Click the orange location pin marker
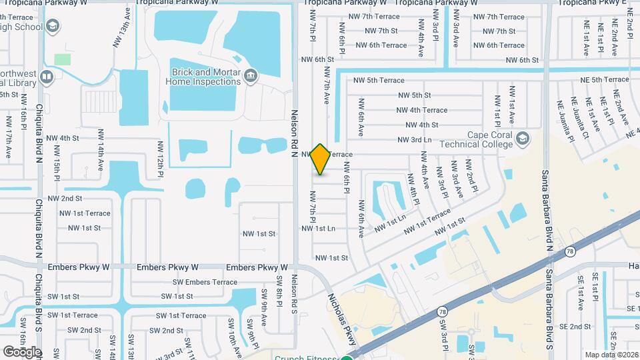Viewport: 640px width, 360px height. click(321, 159)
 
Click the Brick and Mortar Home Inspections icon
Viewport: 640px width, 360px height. click(251, 75)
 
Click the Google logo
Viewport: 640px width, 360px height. click(22, 351)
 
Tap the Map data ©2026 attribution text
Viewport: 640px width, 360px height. click(611, 355)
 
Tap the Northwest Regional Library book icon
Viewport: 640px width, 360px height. click(47, 77)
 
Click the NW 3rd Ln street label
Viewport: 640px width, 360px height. click(414, 139)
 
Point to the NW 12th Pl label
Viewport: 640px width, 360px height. click(161, 159)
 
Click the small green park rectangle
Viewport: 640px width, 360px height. click(63, 59)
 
